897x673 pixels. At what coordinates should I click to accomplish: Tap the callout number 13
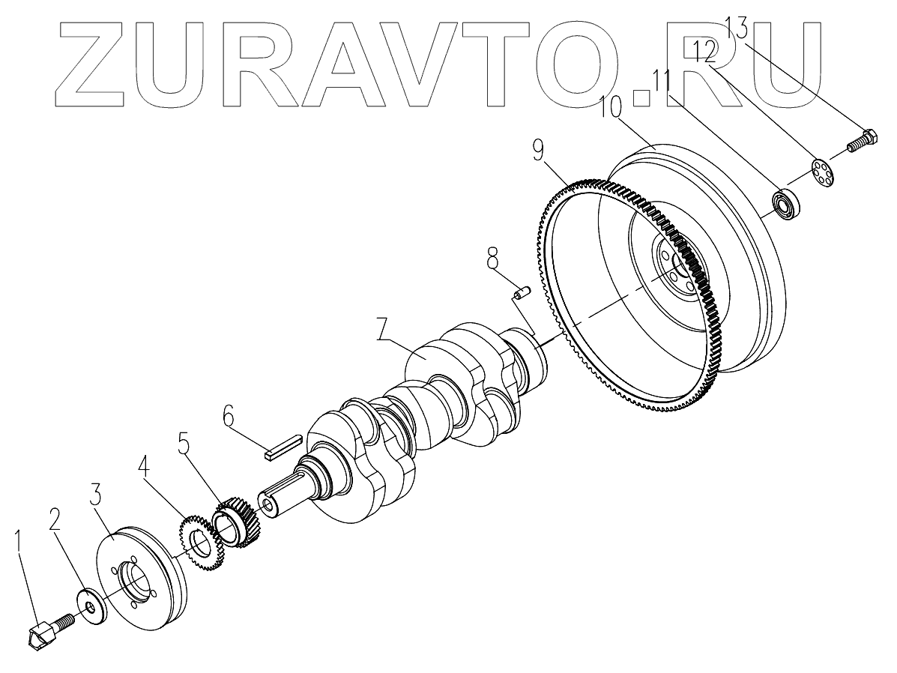tap(737, 31)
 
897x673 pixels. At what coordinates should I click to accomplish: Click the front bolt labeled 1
tap(49, 630)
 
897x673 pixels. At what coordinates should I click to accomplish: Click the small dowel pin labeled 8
tap(520, 292)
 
